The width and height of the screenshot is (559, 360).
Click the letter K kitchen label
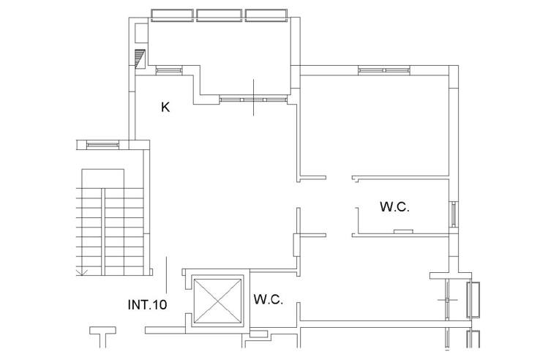tap(165, 107)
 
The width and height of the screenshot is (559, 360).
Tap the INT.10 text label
tap(147, 304)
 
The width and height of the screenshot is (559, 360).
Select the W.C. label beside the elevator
tap(268, 299)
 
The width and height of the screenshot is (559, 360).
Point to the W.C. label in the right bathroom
tap(394, 207)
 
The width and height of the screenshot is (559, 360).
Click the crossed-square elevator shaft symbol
tap(217, 301)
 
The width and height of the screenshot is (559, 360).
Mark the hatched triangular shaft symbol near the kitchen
tap(140, 59)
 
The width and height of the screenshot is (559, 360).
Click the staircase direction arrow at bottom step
tap(83, 271)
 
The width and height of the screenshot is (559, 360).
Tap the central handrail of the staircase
tap(103, 232)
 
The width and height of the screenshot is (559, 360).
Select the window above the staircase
tap(102, 145)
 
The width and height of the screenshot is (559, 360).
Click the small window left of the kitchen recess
tap(169, 70)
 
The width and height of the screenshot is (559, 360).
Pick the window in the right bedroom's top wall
tap(384, 70)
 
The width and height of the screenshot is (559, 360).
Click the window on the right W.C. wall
tap(454, 214)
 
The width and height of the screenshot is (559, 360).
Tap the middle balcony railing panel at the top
tap(220, 15)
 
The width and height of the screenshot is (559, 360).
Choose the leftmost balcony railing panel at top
tap(172, 15)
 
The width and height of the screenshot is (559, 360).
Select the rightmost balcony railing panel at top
tap(266, 15)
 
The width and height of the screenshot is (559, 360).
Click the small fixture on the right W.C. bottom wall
tap(403, 232)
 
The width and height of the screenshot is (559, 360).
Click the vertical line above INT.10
tap(167, 275)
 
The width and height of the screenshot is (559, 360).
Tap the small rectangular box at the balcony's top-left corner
tap(141, 32)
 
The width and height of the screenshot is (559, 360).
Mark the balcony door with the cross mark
tap(253, 99)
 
